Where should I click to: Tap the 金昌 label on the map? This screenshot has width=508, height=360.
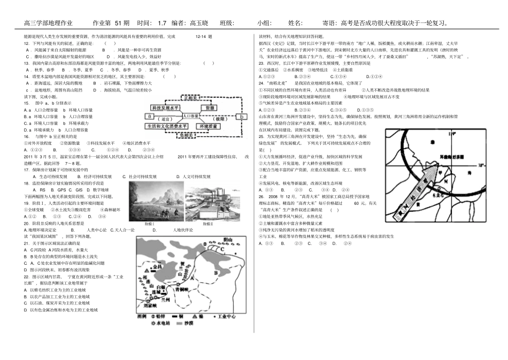click(x=157, y=266)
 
